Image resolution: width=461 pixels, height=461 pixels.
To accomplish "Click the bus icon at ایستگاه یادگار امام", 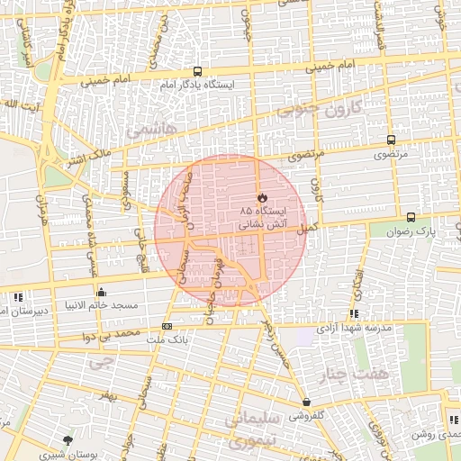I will coord(197,72).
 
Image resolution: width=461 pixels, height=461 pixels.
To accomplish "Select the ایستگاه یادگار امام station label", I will coord(197,85).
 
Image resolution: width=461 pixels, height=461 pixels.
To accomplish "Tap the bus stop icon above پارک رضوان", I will coord(411,217).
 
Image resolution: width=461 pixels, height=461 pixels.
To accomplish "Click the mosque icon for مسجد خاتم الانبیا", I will coord(101,292).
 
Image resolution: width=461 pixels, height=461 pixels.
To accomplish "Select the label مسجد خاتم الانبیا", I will coord(101,305).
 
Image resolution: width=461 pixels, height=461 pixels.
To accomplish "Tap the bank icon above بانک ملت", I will coord(167,326).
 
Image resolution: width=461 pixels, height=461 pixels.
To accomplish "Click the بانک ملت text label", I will coord(167,339).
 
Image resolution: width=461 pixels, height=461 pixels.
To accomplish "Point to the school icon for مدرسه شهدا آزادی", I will coord(354,314).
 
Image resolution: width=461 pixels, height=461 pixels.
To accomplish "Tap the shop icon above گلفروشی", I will coord(308,402).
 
